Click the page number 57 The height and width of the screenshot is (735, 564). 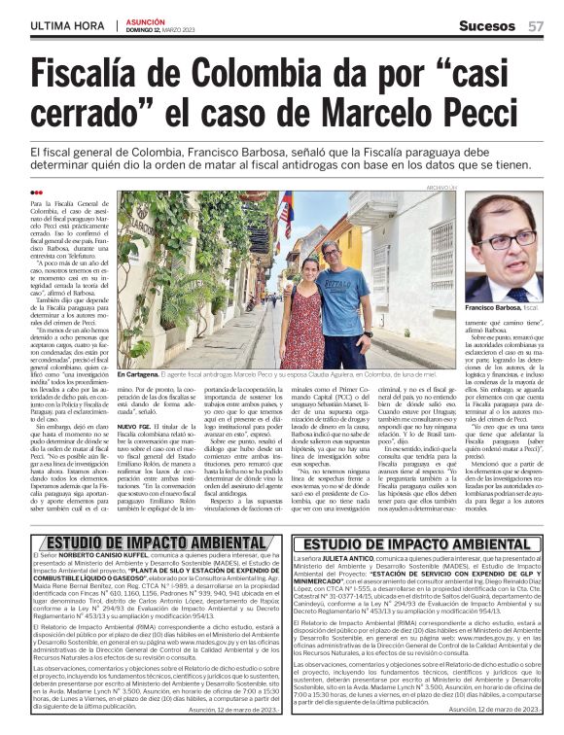pos(535,25)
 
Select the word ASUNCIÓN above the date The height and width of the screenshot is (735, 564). pos(146,20)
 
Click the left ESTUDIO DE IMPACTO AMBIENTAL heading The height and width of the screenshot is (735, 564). pos(147,542)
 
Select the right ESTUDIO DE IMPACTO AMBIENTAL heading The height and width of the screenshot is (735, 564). pos(415,542)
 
